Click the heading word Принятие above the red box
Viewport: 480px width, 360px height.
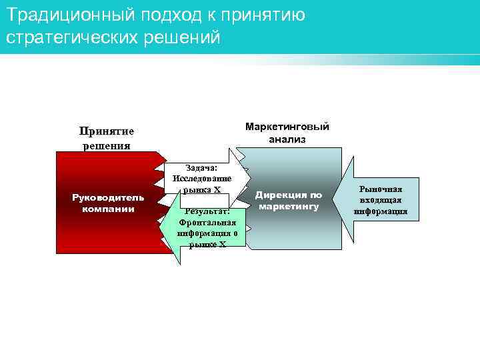point(106,131)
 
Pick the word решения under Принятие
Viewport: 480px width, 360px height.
point(106,145)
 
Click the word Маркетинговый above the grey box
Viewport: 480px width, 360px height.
point(287,127)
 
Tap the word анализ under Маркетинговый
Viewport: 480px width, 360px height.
point(287,139)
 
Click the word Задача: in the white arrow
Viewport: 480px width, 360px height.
point(201,168)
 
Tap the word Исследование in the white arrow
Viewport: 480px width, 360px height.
point(201,178)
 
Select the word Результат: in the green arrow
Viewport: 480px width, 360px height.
point(207,211)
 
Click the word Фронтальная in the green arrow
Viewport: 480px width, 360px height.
point(207,222)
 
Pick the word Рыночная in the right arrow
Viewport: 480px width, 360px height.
point(381,189)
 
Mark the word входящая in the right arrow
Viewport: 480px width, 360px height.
point(381,201)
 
